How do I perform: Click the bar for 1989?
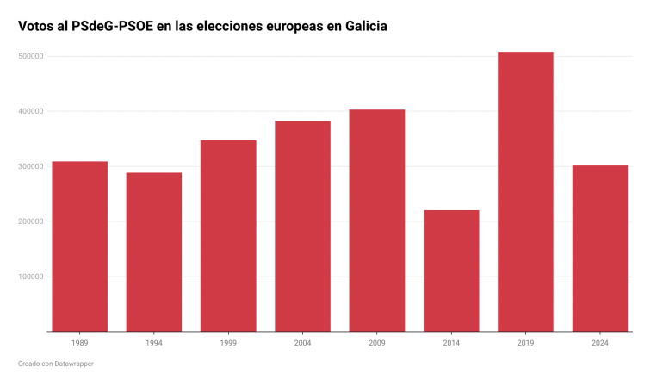coord(80,246)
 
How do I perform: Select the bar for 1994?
coord(154,252)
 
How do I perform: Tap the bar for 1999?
coord(228,235)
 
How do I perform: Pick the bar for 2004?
coord(302,226)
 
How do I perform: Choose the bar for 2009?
coord(376,221)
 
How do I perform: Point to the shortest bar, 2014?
coord(451,271)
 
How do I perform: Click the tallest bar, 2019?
coord(525,191)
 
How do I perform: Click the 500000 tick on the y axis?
coord(31,56)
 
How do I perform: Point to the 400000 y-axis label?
coord(31,111)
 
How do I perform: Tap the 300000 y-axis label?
coord(31,166)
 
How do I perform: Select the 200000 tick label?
coord(31,221)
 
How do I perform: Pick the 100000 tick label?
coord(31,277)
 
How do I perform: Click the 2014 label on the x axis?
coord(451,343)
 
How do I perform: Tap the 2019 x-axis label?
coord(525,343)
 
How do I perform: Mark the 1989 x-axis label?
coord(80,343)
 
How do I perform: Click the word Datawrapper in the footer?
coord(75,364)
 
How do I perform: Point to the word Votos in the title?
coord(35,27)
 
